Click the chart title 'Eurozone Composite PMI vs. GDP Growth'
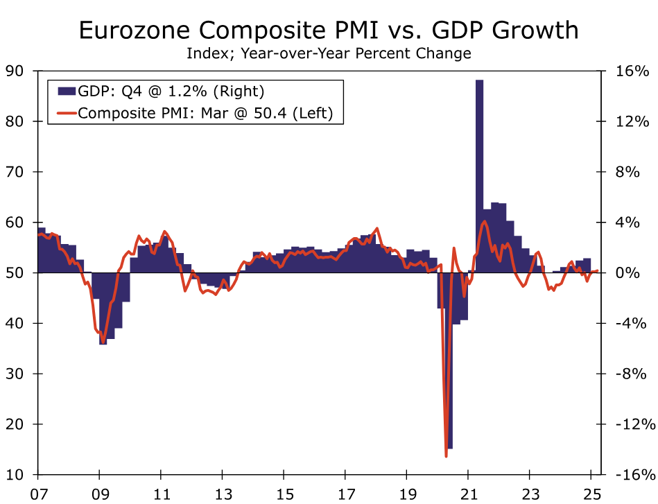point(328,31)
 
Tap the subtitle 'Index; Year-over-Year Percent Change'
point(328,53)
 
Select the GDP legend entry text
point(171,91)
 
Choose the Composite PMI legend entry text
point(210,113)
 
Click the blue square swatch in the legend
point(66,91)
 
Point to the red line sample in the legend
point(66,113)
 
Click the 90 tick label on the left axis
point(15,71)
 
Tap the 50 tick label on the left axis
point(15,272)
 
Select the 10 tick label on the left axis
point(15,475)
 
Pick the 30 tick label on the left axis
point(15,374)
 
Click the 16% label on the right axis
point(632,71)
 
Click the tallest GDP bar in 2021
point(479,173)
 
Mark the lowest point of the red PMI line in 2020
point(446,455)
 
